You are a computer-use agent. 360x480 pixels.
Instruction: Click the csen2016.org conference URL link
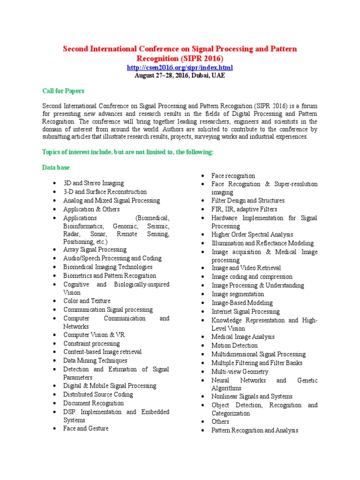tap(180, 67)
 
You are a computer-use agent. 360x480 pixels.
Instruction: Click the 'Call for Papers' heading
tap(63, 90)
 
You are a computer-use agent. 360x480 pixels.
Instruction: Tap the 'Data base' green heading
tap(57, 167)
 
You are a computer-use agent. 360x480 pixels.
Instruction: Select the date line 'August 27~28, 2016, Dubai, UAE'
tap(180, 75)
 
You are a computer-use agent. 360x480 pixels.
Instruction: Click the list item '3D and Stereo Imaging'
tap(93, 183)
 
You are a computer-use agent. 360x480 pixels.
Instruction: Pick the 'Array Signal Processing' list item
tap(95, 250)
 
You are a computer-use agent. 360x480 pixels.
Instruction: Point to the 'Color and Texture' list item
tap(87, 301)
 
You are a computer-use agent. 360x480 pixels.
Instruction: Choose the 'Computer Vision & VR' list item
tap(94, 335)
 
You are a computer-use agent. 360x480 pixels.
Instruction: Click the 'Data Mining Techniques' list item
tap(95, 360)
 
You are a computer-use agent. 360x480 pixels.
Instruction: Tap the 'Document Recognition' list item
tap(93, 403)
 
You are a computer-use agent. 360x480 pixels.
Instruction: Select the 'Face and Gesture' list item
tap(86, 428)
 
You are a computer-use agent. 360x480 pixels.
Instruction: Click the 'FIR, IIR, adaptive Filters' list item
tap(244, 209)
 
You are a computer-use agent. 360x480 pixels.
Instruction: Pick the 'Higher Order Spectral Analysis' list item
tap(252, 234)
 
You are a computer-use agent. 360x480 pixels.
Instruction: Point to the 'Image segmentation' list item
tap(237, 294)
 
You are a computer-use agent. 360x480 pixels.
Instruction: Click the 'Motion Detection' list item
tap(234, 345)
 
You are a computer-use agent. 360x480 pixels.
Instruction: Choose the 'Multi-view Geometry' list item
tap(240, 372)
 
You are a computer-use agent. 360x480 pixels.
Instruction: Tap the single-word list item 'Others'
tap(220, 421)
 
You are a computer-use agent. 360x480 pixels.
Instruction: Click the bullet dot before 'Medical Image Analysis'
tap(202, 337)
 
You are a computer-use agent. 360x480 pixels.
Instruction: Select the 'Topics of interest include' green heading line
tap(127, 152)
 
